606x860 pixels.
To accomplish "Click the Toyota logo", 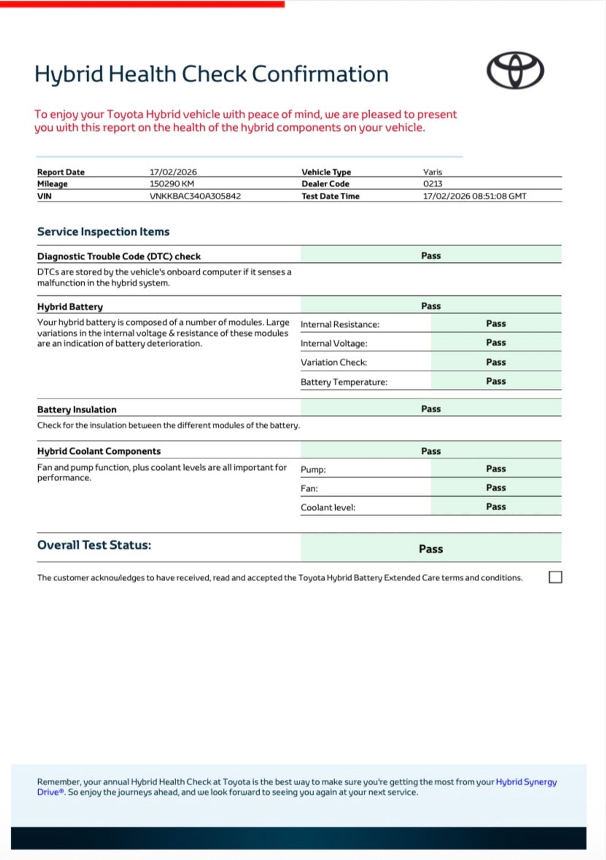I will pos(515,71).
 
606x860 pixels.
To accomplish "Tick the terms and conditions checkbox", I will pos(555,577).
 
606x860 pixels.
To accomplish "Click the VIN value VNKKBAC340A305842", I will pos(195,196).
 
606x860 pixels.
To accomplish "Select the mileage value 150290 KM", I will pos(172,184).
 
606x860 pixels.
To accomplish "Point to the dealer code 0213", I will pos(433,184).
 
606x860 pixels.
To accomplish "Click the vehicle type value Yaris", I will pos(433,172).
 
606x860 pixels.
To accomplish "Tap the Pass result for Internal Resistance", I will pos(496,323).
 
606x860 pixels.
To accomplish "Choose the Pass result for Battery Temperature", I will pos(496,381).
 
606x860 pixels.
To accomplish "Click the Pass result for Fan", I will pos(496,488).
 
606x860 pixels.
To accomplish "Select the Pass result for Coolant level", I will pos(496,507).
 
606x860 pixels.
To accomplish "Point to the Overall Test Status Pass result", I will pos(431,549).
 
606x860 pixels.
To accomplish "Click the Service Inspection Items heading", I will pos(103,232).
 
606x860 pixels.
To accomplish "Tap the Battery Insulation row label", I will pos(77,410).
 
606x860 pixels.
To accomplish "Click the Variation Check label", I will pos(334,362).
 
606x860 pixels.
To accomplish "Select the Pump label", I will pos(313,470).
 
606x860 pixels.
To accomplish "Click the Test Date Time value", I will pos(474,196).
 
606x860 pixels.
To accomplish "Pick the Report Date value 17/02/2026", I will pos(173,172).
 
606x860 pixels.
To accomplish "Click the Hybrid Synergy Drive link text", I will pos(526,782).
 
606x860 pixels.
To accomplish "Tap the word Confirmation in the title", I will pos(320,74).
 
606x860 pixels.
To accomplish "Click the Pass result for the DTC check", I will pos(431,256).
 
